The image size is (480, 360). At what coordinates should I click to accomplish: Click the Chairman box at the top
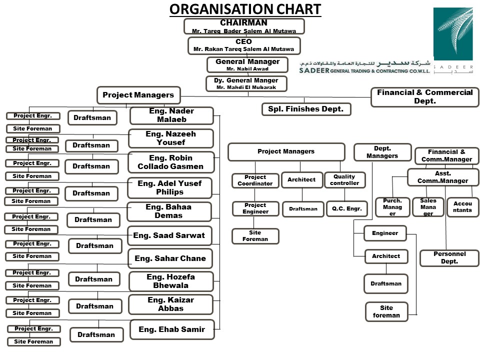[x=244, y=26]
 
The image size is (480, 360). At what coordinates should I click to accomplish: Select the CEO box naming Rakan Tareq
[x=244, y=45]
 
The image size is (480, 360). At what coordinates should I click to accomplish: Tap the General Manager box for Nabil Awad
[x=247, y=65]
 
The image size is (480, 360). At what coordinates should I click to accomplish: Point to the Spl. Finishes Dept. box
[x=306, y=109]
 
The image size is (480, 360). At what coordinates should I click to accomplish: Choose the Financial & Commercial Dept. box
[x=424, y=97]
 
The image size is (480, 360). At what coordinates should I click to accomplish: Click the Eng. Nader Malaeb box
[x=171, y=115]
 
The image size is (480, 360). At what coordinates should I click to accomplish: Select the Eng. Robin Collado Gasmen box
[x=171, y=162]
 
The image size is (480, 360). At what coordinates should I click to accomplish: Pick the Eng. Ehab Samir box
[x=172, y=329]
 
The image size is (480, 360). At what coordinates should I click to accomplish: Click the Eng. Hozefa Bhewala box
[x=171, y=281]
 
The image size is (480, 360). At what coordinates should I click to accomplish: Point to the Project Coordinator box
[x=255, y=180]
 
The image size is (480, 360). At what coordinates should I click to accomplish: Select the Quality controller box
[x=344, y=180]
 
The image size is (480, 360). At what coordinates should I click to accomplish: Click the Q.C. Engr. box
[x=344, y=208]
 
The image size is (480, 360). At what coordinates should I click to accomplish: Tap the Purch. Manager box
[x=392, y=207]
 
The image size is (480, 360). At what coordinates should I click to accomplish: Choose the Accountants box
[x=462, y=207]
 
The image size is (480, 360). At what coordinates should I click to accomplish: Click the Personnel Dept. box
[x=449, y=258]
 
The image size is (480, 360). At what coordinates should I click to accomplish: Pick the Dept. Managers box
[x=382, y=152]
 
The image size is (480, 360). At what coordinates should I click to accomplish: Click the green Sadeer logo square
[x=452, y=34]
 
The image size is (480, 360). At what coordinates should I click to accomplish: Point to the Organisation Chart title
[x=245, y=9]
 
